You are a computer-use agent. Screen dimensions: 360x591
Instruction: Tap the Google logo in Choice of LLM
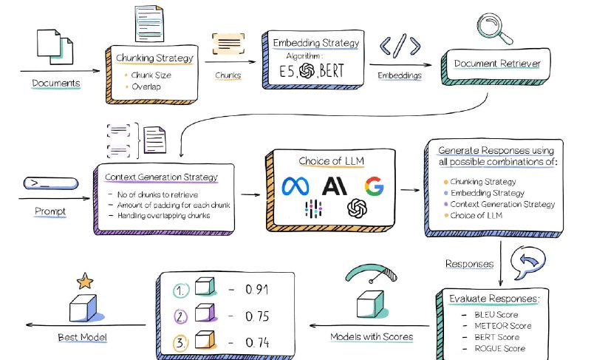tap(374, 186)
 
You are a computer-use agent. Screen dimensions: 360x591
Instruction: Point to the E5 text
tap(285, 72)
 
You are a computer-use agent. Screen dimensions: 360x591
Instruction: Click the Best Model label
tap(83, 338)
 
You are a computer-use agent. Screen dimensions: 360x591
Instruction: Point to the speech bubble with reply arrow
tap(526, 262)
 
